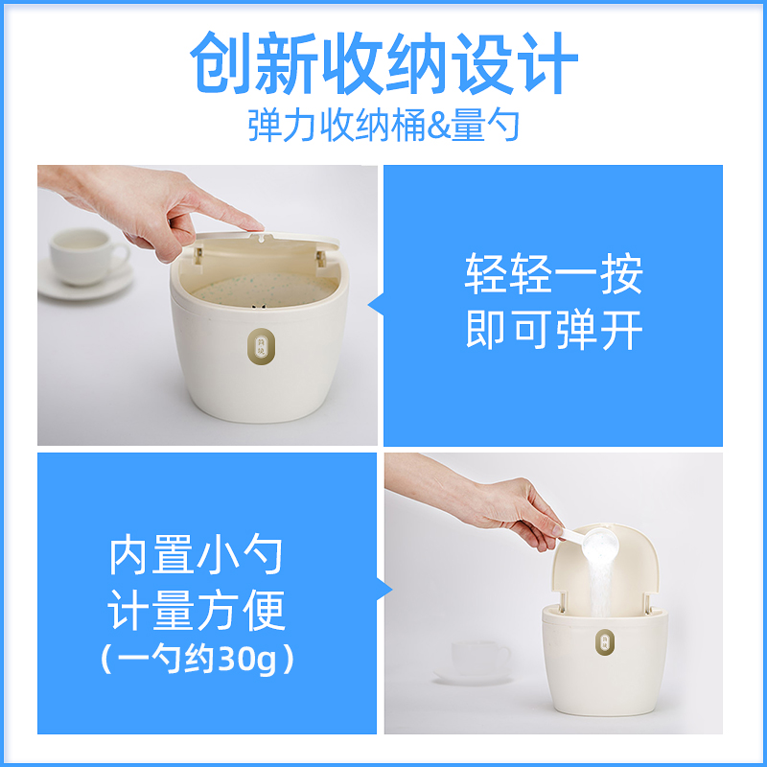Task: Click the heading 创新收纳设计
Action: tap(383, 65)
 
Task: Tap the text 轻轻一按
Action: tap(553, 274)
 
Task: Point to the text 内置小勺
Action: tap(197, 556)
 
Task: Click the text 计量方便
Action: tap(197, 611)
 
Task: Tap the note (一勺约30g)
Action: tap(197, 661)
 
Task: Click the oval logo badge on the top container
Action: tap(260, 347)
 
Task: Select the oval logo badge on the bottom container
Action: tap(607, 643)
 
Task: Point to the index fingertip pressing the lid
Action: tap(253, 224)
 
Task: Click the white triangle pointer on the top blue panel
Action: tap(376, 306)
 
